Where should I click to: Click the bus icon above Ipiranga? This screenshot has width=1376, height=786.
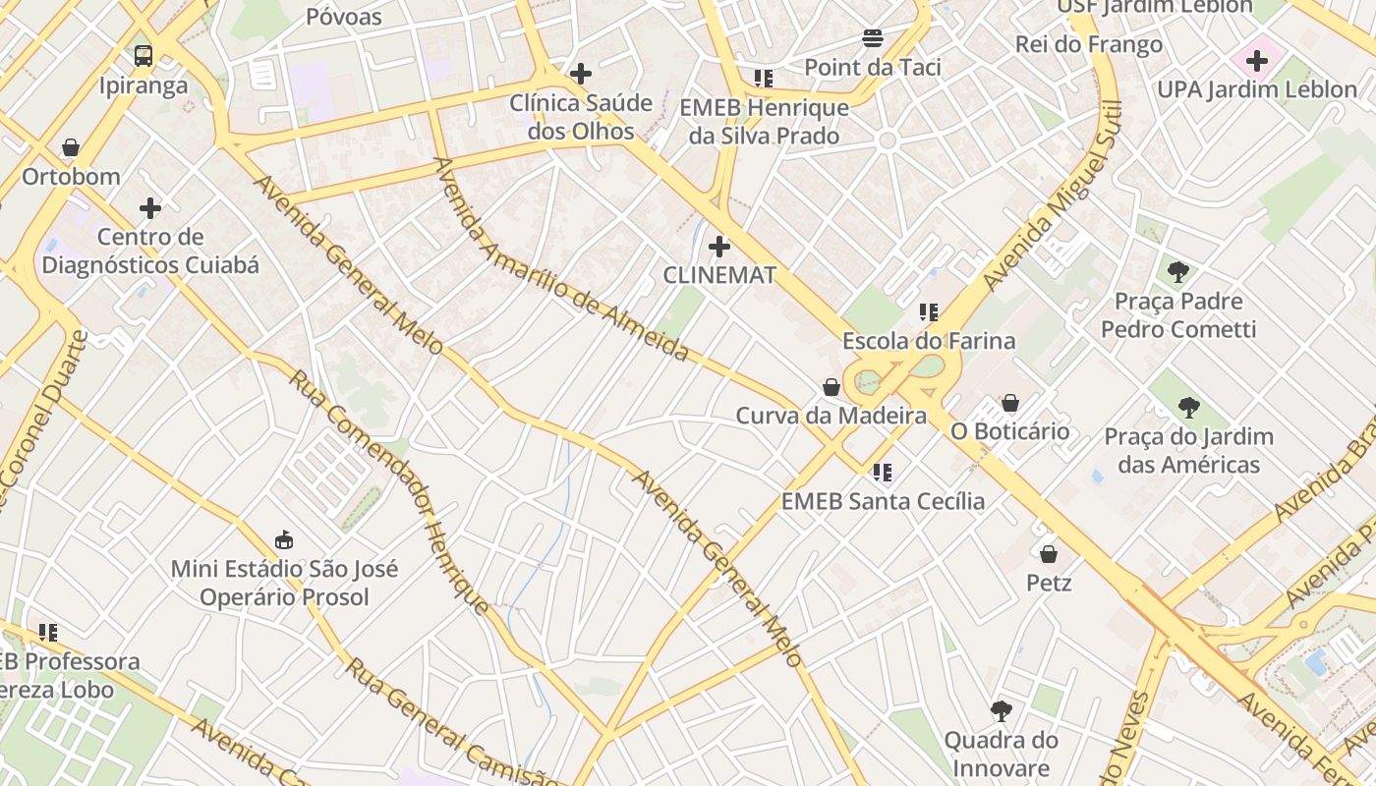click(143, 55)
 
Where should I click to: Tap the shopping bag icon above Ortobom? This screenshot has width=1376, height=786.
click(71, 148)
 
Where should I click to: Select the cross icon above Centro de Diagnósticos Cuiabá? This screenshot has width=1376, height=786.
click(150, 207)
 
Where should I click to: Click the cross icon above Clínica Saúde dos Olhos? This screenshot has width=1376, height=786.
click(581, 73)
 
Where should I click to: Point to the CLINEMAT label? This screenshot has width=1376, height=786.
click(719, 275)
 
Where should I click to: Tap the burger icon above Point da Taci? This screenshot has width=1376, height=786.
click(873, 38)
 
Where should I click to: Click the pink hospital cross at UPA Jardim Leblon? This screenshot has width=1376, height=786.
click(1257, 61)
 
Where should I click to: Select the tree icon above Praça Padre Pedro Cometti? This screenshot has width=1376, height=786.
click(1178, 272)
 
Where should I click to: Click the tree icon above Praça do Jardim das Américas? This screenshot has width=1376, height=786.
click(1189, 407)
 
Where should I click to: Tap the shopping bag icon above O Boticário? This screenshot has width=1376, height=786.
click(1009, 403)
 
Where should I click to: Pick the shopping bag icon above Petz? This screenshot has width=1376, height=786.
click(1049, 554)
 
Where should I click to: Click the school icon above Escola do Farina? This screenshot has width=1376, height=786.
click(929, 312)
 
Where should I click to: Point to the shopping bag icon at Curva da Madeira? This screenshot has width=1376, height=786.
click(831, 387)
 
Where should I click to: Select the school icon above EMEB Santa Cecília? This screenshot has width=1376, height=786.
click(883, 473)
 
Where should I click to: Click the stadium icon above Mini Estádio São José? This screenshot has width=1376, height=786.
click(284, 539)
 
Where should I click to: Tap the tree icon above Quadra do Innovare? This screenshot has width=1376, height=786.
click(1002, 710)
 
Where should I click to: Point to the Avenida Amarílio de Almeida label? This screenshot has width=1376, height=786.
click(560, 259)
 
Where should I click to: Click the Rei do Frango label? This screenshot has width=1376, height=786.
click(1088, 44)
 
